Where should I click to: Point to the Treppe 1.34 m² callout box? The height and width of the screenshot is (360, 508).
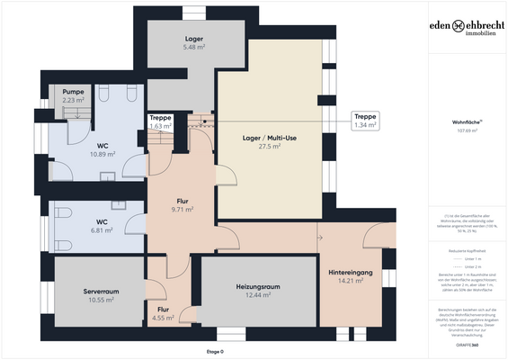click(365, 121)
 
